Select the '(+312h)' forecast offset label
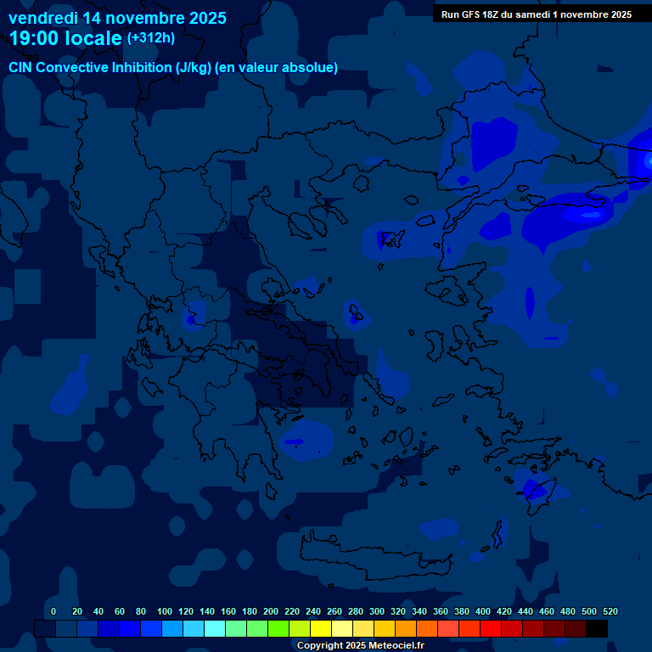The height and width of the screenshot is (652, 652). [x=151, y=38]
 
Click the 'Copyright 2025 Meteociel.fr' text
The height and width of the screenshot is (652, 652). [x=360, y=645]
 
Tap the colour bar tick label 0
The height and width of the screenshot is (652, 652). [x=53, y=611]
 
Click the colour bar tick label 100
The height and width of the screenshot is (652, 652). [x=165, y=611]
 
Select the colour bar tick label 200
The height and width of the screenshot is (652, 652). [x=271, y=611]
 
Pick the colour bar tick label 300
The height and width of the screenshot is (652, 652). [x=377, y=611]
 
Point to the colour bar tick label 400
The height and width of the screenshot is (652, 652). [x=483, y=611]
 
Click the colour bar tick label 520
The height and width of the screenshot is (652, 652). [x=610, y=611]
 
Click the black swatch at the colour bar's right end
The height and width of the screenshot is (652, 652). [x=597, y=628]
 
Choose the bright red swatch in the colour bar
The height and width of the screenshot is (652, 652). [x=491, y=628]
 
